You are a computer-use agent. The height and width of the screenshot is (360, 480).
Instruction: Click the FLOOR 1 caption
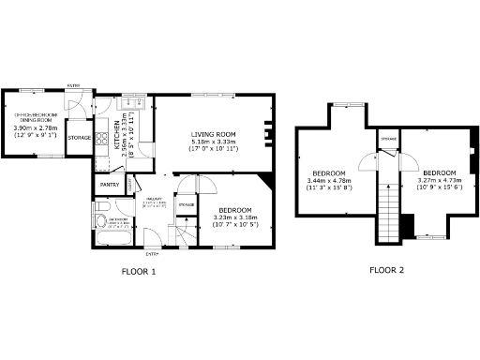139,272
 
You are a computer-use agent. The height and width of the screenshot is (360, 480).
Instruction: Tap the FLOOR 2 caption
386,272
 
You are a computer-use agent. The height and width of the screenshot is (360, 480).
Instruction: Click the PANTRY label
109,185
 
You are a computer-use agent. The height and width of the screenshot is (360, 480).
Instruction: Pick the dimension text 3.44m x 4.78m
329,181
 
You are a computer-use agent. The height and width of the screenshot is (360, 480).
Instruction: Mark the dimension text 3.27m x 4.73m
438,181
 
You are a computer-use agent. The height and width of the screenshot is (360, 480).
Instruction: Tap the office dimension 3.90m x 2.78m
35,128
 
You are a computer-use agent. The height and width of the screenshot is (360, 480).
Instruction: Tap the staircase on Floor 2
384,211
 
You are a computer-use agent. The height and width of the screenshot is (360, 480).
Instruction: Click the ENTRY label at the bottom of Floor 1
151,254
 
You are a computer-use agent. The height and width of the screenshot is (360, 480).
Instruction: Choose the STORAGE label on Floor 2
388,140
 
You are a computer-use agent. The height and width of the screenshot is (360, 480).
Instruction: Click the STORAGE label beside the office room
80,138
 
